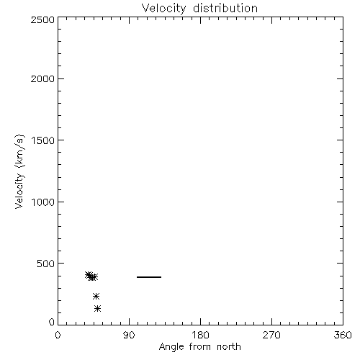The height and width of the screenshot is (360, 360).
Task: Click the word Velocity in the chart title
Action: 164,9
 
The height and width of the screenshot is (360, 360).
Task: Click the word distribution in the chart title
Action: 225,8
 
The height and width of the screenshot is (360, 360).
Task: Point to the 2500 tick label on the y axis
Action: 42,19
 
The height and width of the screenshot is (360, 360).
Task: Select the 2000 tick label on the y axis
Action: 42,78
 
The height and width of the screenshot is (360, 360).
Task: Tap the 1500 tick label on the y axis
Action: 43,140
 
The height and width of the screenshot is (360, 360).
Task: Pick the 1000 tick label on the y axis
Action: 43,202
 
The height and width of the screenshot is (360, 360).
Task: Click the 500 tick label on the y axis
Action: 46,264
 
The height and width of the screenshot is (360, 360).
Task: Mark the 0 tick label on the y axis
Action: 52,322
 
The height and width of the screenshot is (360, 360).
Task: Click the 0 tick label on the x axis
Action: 58,335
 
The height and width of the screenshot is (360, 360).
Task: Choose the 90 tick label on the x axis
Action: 129,335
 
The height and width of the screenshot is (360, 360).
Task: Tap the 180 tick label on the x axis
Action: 200,335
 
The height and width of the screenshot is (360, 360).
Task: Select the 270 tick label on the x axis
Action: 271,335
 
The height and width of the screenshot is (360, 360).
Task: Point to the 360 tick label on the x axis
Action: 343,335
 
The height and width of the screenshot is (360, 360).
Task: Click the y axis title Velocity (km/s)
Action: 19,171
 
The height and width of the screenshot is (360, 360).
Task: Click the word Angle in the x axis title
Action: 171,347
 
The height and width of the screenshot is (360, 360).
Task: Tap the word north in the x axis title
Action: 229,347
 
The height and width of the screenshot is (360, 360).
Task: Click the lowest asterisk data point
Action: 97,308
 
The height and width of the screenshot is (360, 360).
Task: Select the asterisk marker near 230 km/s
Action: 96,297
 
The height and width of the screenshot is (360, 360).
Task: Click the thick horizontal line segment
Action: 149,277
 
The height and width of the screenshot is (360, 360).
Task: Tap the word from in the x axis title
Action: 201,347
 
